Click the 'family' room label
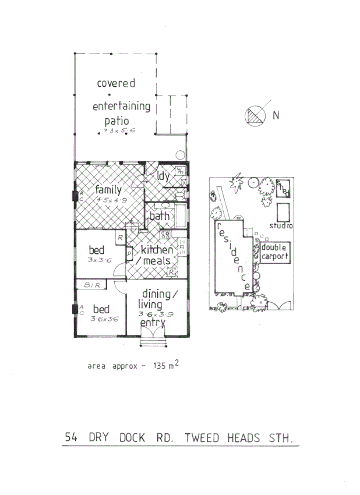pos(108,190)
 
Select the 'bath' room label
pos(159,217)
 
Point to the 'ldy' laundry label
pos(163,174)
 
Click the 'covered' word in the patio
pos(116,83)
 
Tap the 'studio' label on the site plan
pos(281,225)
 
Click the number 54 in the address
pos(72,437)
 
